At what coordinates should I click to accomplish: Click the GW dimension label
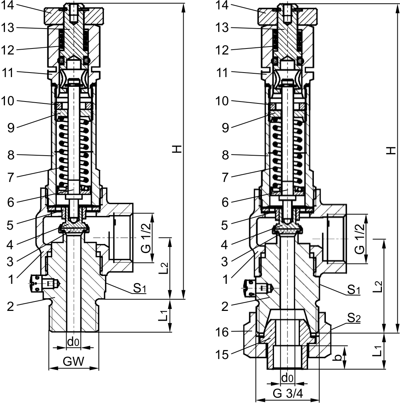pos(73,362)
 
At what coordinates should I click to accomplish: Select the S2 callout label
pos(353,319)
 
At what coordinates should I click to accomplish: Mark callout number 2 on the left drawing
pos(11,306)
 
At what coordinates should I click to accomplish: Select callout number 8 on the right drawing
pos(225,155)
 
